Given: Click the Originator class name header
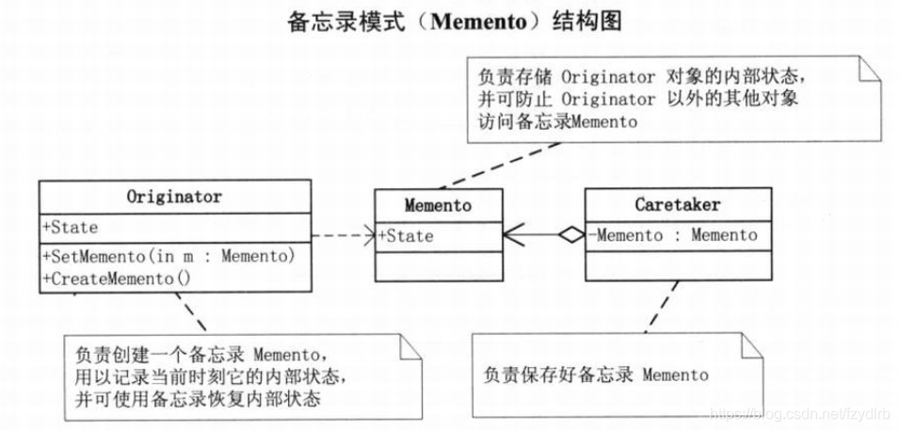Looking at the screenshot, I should [174, 198].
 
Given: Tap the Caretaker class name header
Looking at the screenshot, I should [677, 203].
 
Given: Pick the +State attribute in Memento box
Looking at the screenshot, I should [406, 236].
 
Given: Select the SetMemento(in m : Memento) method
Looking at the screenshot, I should [169, 255].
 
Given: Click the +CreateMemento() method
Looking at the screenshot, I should [116, 278].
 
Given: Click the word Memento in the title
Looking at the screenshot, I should [481, 21].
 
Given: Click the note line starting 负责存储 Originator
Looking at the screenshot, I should [642, 76].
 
